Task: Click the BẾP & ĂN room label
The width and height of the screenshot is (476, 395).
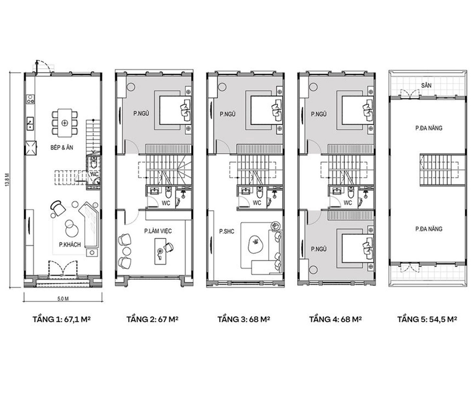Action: tap(62, 147)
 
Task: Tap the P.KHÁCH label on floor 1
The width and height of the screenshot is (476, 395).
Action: tap(70, 245)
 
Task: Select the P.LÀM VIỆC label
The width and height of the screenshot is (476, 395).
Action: tap(158, 231)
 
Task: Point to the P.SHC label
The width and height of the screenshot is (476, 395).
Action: tap(227, 231)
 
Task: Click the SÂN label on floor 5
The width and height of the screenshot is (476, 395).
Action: tap(426, 85)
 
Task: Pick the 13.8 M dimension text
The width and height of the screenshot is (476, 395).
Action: tap(7, 180)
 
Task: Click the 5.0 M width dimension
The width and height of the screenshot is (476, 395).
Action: tap(63, 299)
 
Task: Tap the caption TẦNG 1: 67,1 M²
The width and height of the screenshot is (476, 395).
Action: tap(61, 319)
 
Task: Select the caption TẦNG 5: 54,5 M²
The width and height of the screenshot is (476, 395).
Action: tap(427, 319)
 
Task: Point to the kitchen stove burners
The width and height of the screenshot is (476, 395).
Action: tap(30, 99)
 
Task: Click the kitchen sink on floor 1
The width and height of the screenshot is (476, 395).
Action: tap(30, 123)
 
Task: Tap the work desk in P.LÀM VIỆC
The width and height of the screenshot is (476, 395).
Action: tap(160, 251)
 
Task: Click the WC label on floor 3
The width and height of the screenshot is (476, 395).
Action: tap(257, 203)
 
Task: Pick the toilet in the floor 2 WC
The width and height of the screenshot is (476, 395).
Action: tap(168, 192)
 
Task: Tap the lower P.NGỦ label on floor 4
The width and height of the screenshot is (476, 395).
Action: tap(319, 249)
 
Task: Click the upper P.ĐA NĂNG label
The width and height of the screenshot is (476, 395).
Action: tap(428, 128)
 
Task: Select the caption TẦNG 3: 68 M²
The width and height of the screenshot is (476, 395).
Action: tap(244, 319)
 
